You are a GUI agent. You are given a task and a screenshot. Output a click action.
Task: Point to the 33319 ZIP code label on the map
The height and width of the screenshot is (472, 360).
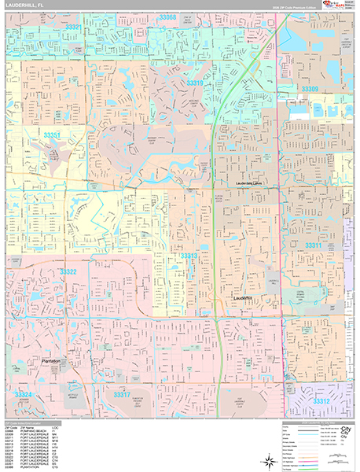pyautogui.click(x=195, y=83)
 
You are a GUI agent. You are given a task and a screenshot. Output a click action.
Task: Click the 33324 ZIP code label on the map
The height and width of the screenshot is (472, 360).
pyautogui.click(x=22, y=393)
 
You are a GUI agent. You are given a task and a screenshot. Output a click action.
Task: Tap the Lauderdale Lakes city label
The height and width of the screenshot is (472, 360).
pyautogui.click(x=254, y=184)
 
